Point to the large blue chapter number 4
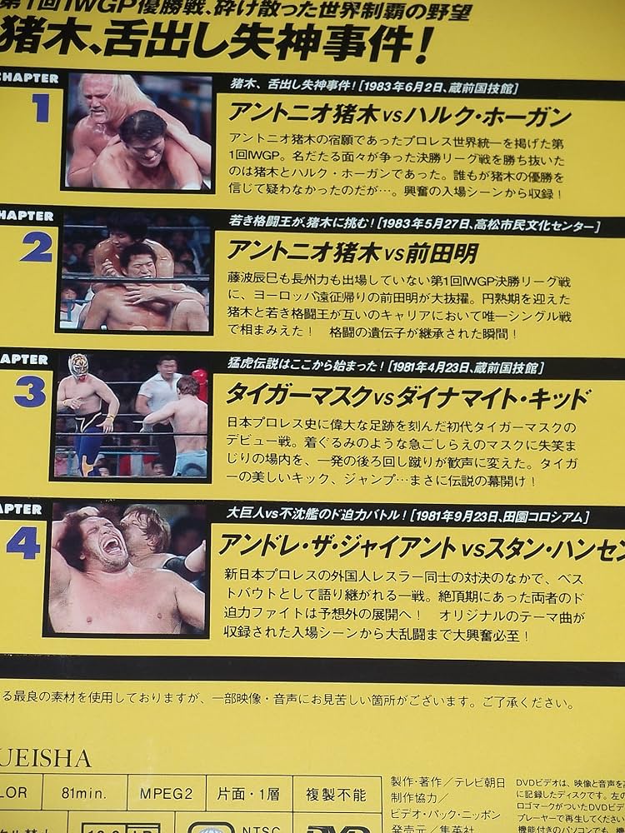tap(24, 544)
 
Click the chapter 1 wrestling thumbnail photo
tap(139, 132)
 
